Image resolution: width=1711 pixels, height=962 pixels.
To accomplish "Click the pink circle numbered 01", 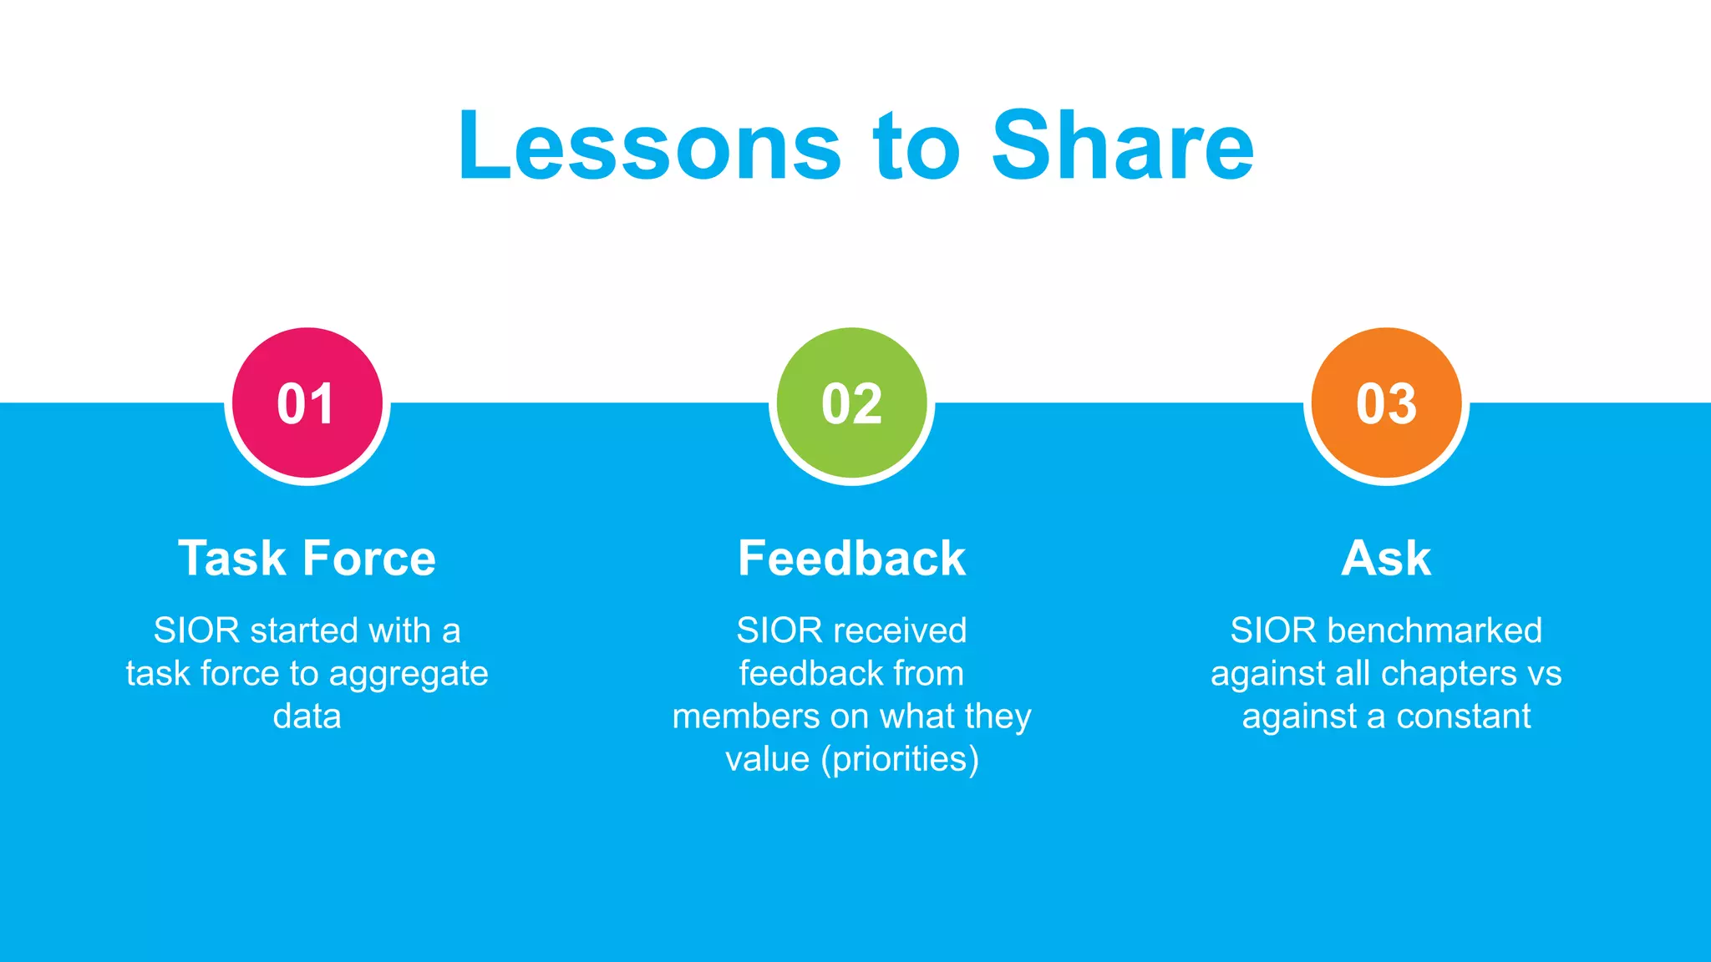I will click(x=307, y=403).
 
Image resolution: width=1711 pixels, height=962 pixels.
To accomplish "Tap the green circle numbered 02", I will click(x=851, y=403).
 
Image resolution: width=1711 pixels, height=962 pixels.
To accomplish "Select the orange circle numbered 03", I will click(x=1386, y=403).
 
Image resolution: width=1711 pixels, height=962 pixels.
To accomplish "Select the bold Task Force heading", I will click(x=307, y=558).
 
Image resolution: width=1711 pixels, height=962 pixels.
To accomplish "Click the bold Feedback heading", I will click(x=851, y=558).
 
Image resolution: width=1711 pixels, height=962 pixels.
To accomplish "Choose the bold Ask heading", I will click(x=1386, y=558).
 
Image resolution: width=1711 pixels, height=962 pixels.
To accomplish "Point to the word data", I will click(x=307, y=716).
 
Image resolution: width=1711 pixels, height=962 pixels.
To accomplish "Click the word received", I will click(x=898, y=630).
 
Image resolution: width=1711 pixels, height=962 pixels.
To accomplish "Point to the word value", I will click(x=767, y=759).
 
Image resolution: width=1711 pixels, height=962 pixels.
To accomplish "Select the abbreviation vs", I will click(x=1543, y=674).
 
